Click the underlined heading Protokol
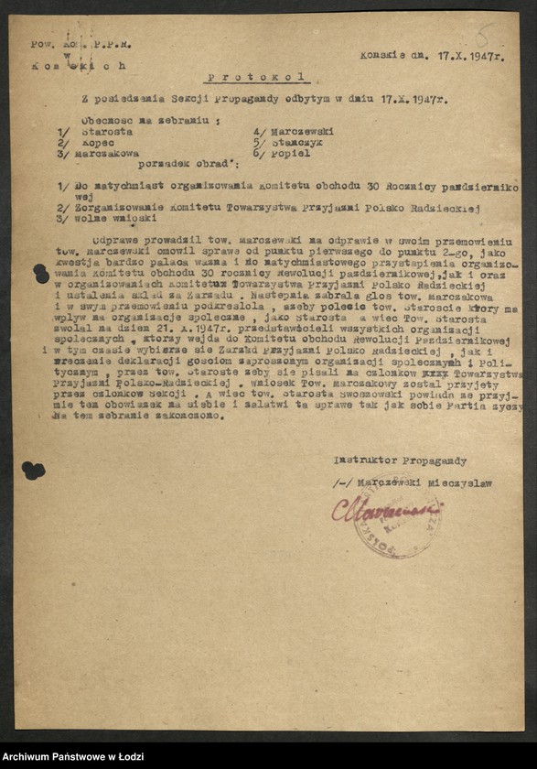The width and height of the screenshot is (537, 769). tap(255, 79)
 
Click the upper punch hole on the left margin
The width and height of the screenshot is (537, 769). tap(40, 274)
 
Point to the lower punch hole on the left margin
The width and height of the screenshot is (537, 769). tap(34, 471)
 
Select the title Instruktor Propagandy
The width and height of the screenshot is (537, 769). tap(401, 460)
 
